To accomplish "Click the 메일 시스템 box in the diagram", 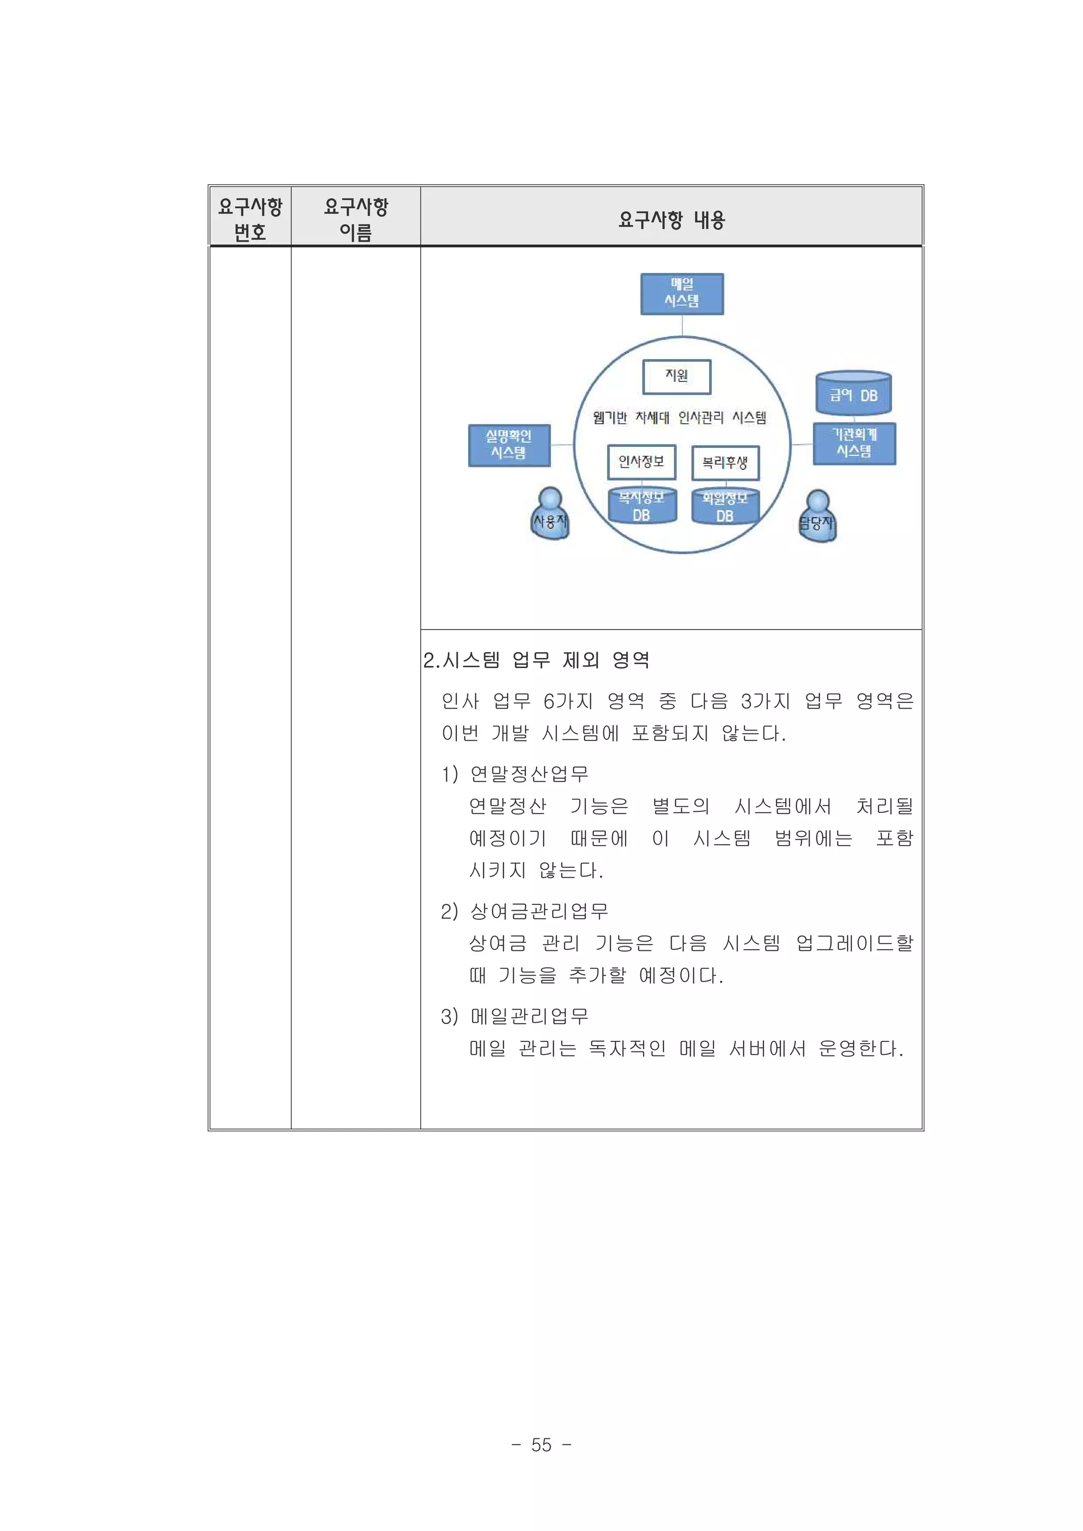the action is (x=682, y=294).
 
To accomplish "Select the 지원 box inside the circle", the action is (x=676, y=377).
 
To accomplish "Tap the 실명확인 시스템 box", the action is (x=509, y=445).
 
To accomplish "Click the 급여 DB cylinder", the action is (x=853, y=393).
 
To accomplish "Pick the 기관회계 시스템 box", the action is (x=853, y=443).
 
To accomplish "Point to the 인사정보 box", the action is (x=641, y=462).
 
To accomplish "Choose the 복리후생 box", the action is (x=725, y=463).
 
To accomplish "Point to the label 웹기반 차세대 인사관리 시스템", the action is (x=679, y=418).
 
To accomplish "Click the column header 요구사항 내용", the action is (x=671, y=219).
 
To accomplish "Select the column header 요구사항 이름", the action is (x=355, y=219).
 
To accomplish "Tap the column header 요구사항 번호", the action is (x=250, y=219).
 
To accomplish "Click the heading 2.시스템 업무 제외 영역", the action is (x=536, y=660).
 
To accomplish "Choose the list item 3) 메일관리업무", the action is (x=515, y=1016).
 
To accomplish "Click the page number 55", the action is (x=541, y=1444).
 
